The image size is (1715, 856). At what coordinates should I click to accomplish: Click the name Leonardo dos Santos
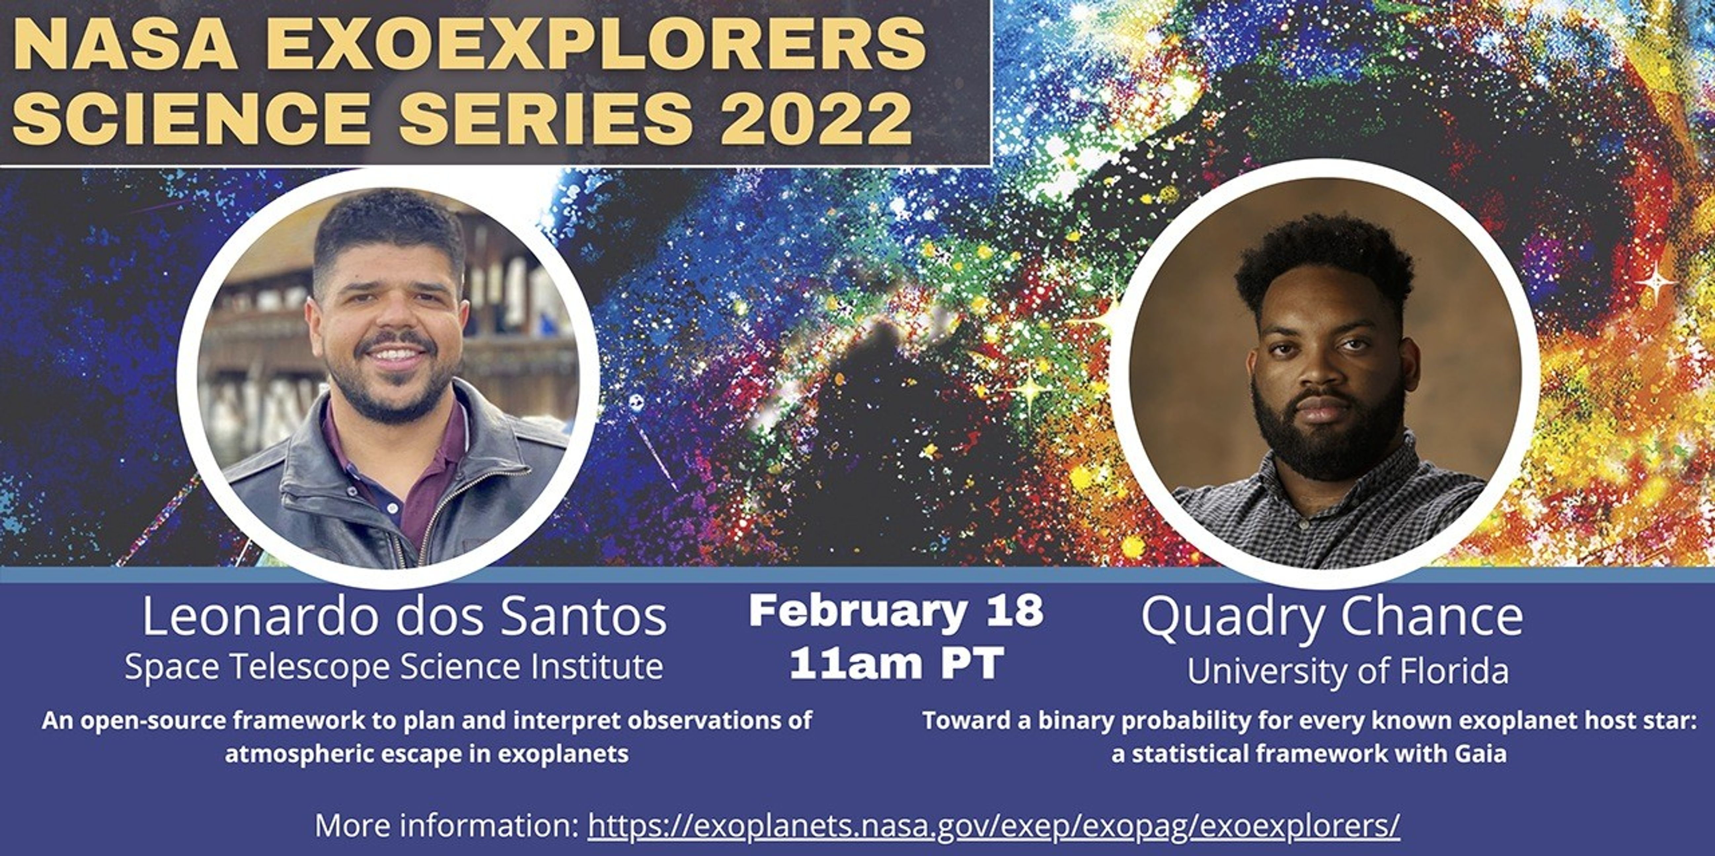click(x=404, y=617)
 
